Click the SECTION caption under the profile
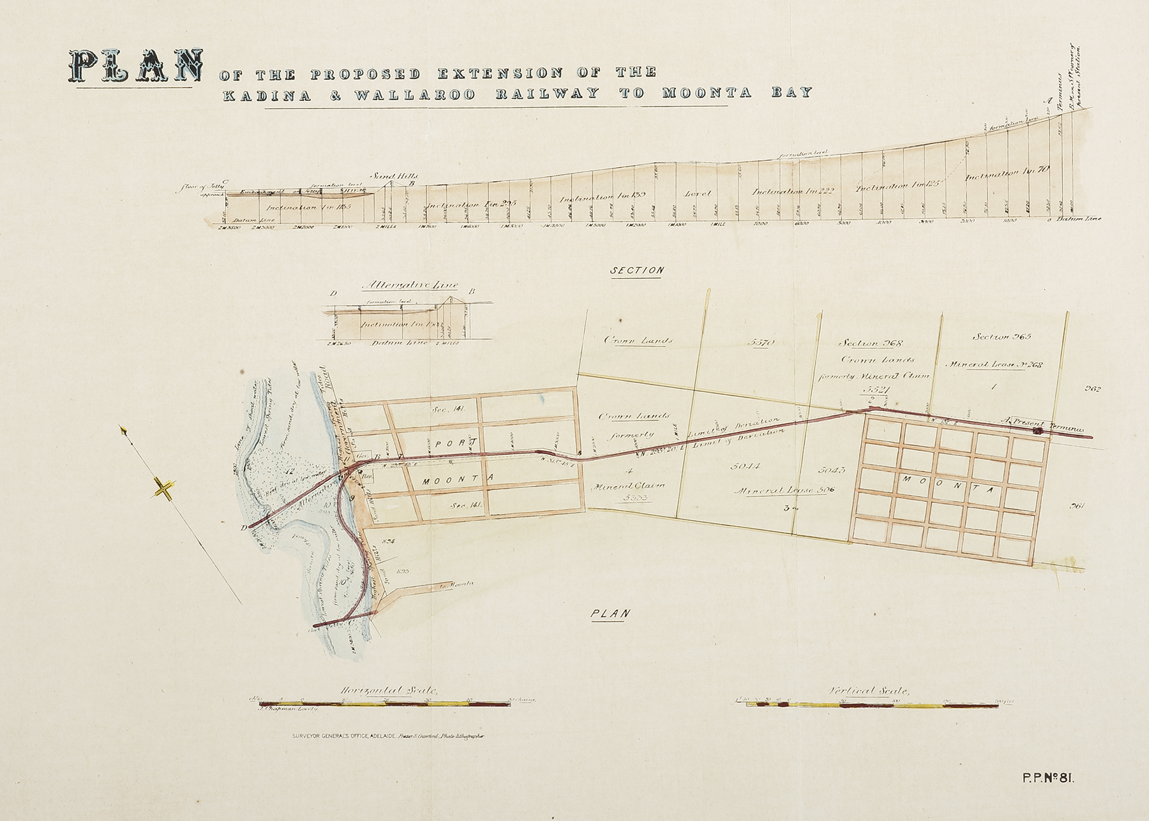(637, 270)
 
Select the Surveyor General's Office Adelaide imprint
(331, 736)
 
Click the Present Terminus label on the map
(1045, 422)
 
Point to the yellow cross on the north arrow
(164, 490)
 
